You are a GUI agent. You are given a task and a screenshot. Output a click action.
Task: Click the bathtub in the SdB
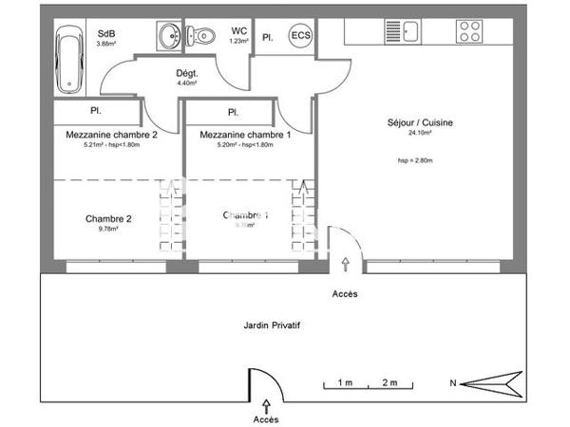pyautogui.click(x=71, y=59)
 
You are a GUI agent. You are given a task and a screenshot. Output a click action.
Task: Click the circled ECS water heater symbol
pyautogui.click(x=299, y=37)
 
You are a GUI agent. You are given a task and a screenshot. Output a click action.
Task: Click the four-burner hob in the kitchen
pyautogui.click(x=468, y=32)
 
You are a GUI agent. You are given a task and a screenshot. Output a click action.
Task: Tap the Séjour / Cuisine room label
pyautogui.click(x=420, y=122)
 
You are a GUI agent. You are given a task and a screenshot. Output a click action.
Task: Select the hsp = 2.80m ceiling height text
pyautogui.click(x=415, y=161)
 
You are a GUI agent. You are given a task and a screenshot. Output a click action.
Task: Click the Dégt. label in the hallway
pyautogui.click(x=186, y=73)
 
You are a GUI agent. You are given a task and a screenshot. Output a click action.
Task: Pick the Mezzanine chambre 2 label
pyautogui.click(x=111, y=135)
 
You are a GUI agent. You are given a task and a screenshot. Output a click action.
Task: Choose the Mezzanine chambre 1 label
pyautogui.click(x=245, y=135)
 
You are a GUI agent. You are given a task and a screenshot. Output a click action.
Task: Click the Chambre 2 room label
pyautogui.click(x=108, y=218)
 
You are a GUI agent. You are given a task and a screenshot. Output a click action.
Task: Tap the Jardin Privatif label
pyautogui.click(x=266, y=324)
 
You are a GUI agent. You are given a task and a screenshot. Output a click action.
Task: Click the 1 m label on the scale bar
pyautogui.click(x=344, y=382)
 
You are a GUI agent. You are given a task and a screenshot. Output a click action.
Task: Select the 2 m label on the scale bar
pyautogui.click(x=389, y=382)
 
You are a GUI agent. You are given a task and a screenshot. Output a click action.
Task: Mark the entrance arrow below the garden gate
pyautogui.click(x=265, y=405)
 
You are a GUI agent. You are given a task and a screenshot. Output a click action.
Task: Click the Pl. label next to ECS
pyautogui.click(x=268, y=38)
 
